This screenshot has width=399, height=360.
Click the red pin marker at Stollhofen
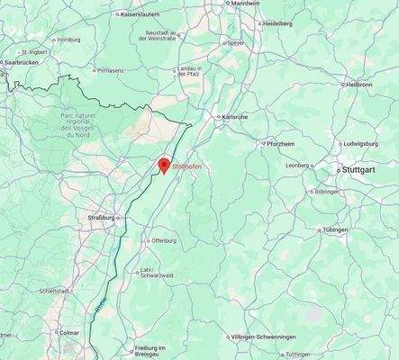164,166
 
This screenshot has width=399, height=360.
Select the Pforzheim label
282,144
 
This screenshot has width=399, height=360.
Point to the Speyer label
235,42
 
